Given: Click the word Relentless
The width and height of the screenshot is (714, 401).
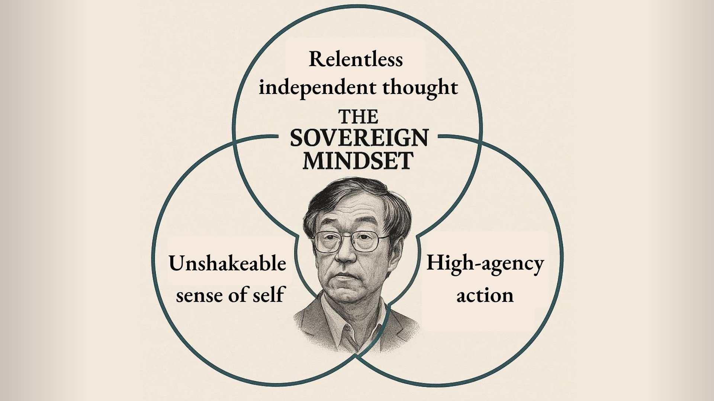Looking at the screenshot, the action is point(356,59).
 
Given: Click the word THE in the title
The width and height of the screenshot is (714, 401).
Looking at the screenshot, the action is point(358,117).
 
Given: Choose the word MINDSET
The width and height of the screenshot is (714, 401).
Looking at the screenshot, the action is point(358,160).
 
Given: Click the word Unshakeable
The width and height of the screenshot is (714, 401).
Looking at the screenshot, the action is point(228,264).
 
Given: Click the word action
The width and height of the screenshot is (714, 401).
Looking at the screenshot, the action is point(485,295).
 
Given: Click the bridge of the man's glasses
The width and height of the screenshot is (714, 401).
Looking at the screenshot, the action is point(347,237).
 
